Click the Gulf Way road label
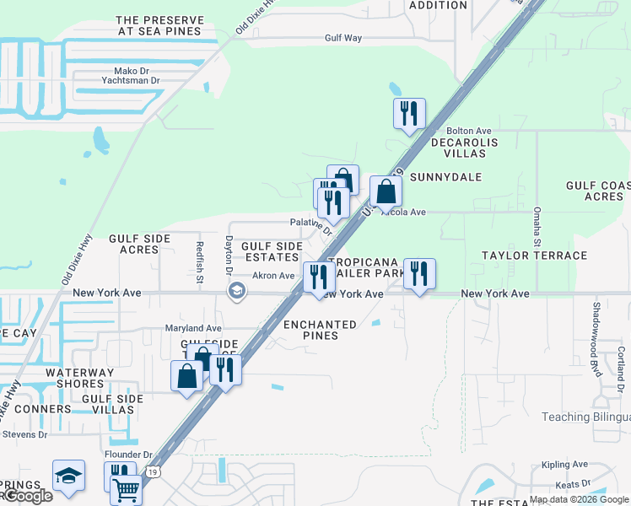[x=343, y=38]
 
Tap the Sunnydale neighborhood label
[x=445, y=177]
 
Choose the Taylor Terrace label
[x=534, y=255]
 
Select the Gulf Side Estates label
[x=272, y=251]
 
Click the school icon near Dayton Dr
[x=237, y=291]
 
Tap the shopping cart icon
[x=127, y=488]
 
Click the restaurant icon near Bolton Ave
[x=409, y=113]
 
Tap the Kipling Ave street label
[x=564, y=465]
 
